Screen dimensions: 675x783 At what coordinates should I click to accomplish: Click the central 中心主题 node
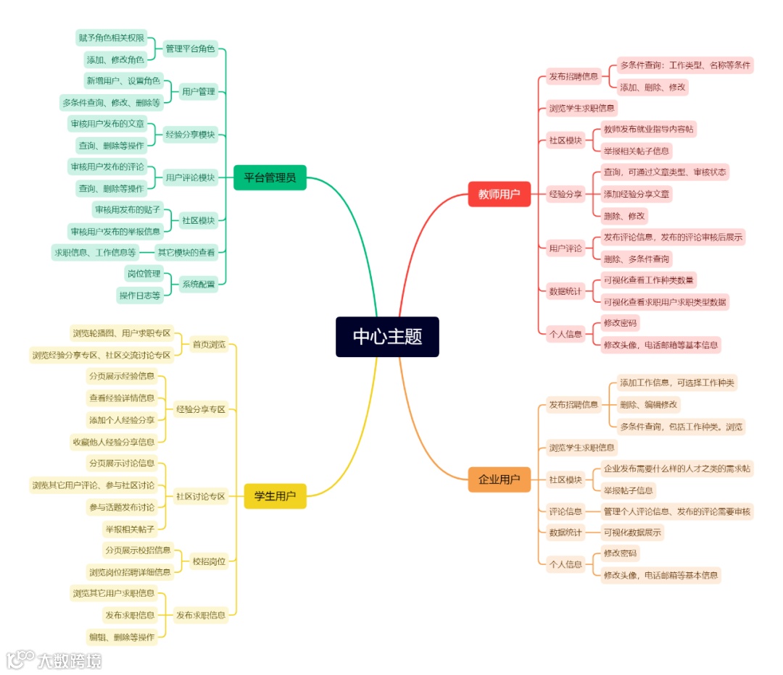click(x=387, y=337)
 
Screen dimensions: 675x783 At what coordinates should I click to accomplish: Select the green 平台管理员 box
click(x=270, y=177)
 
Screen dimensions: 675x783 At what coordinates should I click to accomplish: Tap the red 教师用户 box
click(x=499, y=194)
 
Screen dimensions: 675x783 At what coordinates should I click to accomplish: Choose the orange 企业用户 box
click(x=499, y=479)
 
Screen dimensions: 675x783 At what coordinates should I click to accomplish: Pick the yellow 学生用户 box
click(x=275, y=496)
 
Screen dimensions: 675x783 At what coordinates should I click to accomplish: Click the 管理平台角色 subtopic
click(x=190, y=49)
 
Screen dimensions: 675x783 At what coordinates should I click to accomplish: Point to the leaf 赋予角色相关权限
click(x=112, y=38)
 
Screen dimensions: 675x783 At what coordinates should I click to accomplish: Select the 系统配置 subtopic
click(x=198, y=284)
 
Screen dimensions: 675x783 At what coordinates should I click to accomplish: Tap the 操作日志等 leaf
click(x=140, y=295)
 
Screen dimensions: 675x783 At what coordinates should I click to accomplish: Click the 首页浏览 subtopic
click(x=209, y=344)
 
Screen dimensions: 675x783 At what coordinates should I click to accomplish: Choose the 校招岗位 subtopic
click(x=208, y=561)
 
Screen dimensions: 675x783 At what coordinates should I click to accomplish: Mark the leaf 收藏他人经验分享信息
click(x=113, y=441)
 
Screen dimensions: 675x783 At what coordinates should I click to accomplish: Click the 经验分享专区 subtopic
click(x=201, y=409)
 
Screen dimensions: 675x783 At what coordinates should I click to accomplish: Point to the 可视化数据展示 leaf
click(x=632, y=532)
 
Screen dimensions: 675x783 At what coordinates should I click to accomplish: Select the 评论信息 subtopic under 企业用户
click(x=565, y=511)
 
